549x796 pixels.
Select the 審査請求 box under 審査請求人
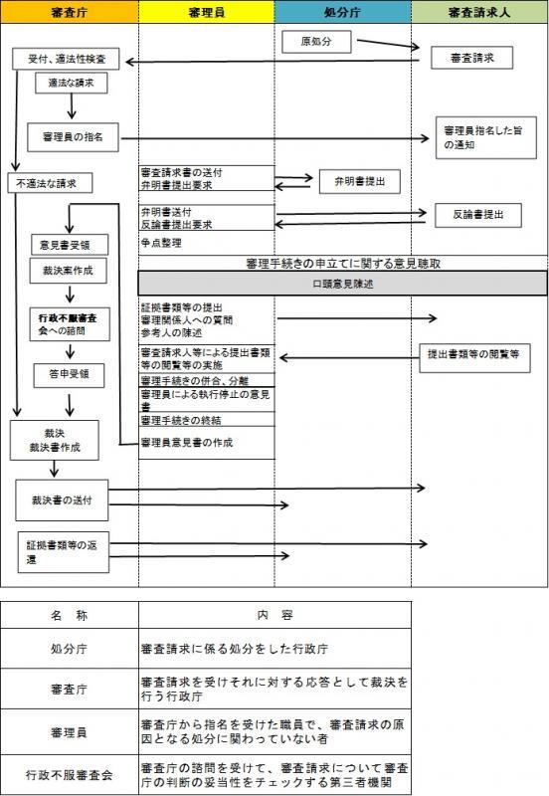click(x=471, y=59)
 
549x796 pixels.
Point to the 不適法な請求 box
click(x=50, y=183)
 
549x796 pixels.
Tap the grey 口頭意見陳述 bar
click(x=342, y=283)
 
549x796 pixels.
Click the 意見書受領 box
click(x=67, y=244)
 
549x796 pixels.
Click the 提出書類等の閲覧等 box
click(x=472, y=353)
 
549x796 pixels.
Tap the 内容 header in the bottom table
click(x=274, y=616)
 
